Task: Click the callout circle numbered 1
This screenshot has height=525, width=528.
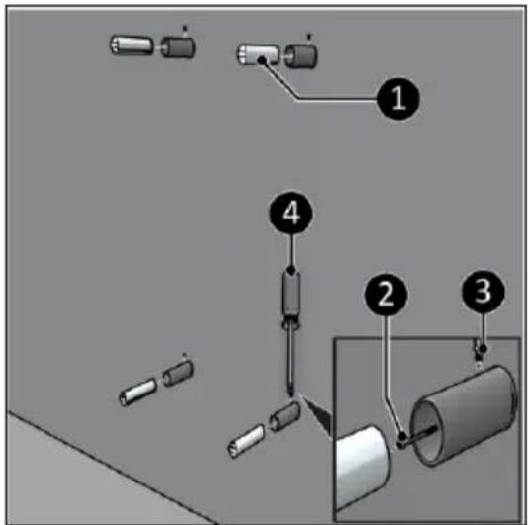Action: [x=398, y=98]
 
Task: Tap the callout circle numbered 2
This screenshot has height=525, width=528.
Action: [x=386, y=294]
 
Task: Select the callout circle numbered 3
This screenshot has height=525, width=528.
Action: [x=484, y=292]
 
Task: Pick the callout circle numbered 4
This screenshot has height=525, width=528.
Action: [x=291, y=213]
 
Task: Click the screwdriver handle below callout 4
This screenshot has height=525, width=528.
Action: [x=291, y=298]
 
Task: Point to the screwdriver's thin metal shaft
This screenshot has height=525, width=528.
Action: [x=289, y=360]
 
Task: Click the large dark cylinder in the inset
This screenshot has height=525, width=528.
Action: [x=466, y=415]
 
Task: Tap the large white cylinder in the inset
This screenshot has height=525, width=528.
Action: [x=363, y=467]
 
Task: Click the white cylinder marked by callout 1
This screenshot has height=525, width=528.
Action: [x=258, y=55]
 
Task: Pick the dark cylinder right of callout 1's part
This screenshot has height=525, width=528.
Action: [x=301, y=56]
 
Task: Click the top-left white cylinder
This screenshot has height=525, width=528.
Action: [x=132, y=45]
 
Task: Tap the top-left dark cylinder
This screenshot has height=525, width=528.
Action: [x=178, y=47]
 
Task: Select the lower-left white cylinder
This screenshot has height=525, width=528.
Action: [x=138, y=392]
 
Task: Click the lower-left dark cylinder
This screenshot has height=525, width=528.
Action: [x=178, y=373]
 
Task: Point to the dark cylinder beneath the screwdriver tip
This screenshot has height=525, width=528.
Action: [x=285, y=416]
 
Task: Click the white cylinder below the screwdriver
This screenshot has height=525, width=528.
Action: [x=247, y=441]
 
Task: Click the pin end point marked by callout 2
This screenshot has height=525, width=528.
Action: [x=402, y=438]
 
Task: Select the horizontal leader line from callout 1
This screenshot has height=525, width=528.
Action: [x=337, y=99]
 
